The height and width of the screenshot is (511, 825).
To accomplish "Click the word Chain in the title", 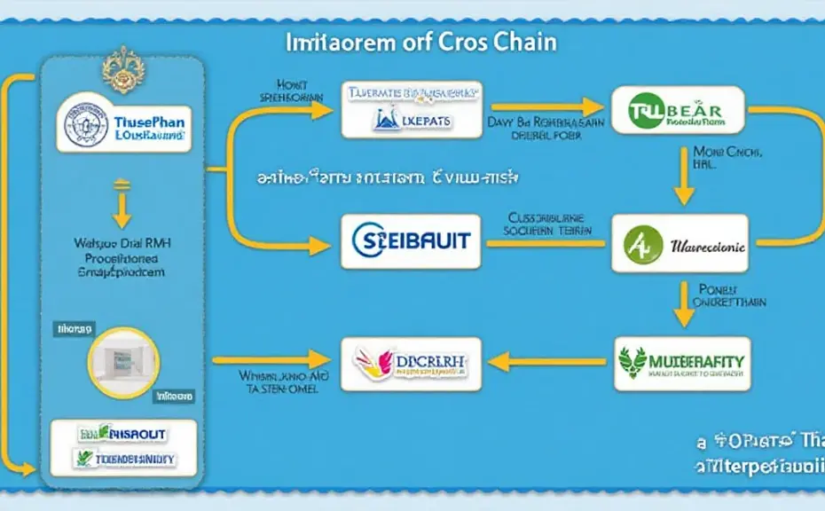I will pyautogui.click(x=523, y=42).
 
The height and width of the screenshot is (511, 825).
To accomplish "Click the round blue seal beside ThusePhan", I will pyautogui.click(x=87, y=123).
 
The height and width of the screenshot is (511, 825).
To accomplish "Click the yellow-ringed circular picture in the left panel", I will pyautogui.click(x=122, y=361).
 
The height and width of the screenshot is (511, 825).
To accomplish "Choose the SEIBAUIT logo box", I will pyautogui.click(x=411, y=241).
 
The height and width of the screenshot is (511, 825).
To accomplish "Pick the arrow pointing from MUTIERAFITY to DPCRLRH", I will pyautogui.click(x=541, y=362).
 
